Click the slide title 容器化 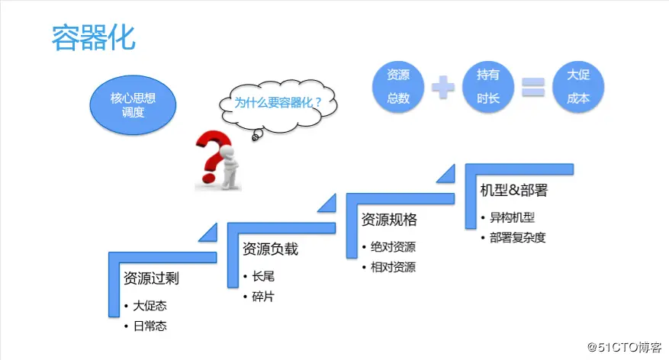click(x=93, y=37)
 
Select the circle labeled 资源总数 click(x=397, y=87)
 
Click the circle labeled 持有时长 click(x=488, y=87)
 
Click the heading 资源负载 click(x=270, y=249)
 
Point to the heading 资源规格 click(x=389, y=220)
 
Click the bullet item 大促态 click(x=150, y=306)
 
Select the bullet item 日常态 click(x=150, y=326)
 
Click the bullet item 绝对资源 click(x=393, y=247)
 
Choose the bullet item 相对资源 click(x=393, y=267)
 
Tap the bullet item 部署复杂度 click(x=518, y=237)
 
